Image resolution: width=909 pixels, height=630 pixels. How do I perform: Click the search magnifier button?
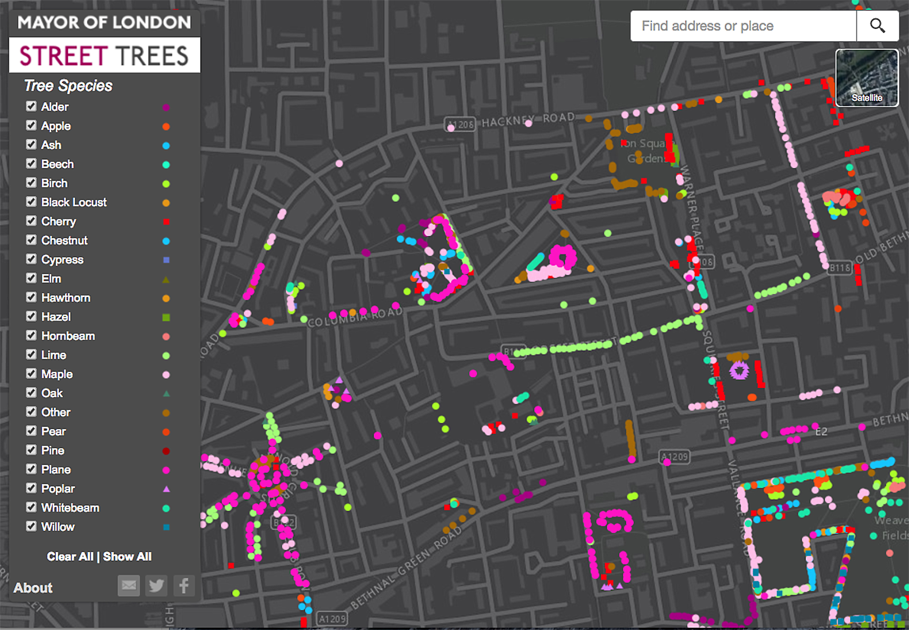pos(877,26)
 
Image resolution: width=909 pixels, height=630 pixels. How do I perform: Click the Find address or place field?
pos(743,26)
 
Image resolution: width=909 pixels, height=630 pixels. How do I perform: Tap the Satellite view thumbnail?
pos(866,78)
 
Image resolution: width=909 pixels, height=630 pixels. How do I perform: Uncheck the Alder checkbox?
pos(31,106)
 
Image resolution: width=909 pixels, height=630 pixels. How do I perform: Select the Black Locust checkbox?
pos(31,202)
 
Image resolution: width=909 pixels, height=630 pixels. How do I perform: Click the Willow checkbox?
pos(31,526)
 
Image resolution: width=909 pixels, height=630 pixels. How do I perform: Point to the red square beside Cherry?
pos(166,222)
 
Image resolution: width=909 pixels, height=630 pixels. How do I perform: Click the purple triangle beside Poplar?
pos(166,489)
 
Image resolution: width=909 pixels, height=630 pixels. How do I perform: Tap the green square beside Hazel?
pos(166,317)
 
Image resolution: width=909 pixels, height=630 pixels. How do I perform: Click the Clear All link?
pos(70,557)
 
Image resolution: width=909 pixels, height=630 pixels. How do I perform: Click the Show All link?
pos(127,557)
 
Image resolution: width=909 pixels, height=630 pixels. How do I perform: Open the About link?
pos(33,588)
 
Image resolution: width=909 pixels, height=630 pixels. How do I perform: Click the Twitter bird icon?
pos(156,586)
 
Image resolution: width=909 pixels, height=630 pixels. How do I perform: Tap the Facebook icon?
pos(184,586)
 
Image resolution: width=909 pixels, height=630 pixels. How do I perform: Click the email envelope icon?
pos(129,586)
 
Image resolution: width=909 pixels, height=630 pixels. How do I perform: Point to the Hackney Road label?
pos(528,120)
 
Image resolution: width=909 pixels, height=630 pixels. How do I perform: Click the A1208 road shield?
pos(460,125)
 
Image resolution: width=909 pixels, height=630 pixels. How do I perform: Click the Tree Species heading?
pos(68,86)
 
